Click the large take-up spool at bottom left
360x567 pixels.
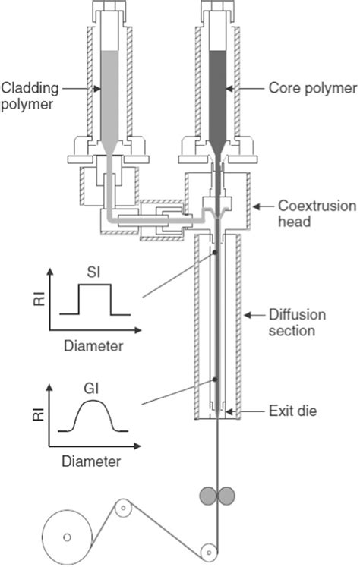[67, 537]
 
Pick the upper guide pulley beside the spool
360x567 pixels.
[122, 509]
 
